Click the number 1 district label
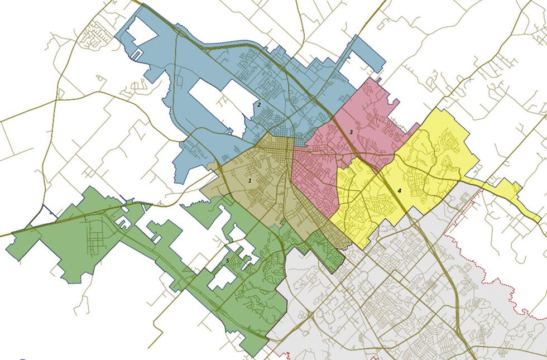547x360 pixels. click(x=250, y=180)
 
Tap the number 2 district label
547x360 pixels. click(x=260, y=104)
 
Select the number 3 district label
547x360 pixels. click(x=351, y=132)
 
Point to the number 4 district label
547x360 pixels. click(x=399, y=190)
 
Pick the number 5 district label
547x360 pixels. click(x=227, y=261)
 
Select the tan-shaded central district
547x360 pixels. click(x=262, y=195)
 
